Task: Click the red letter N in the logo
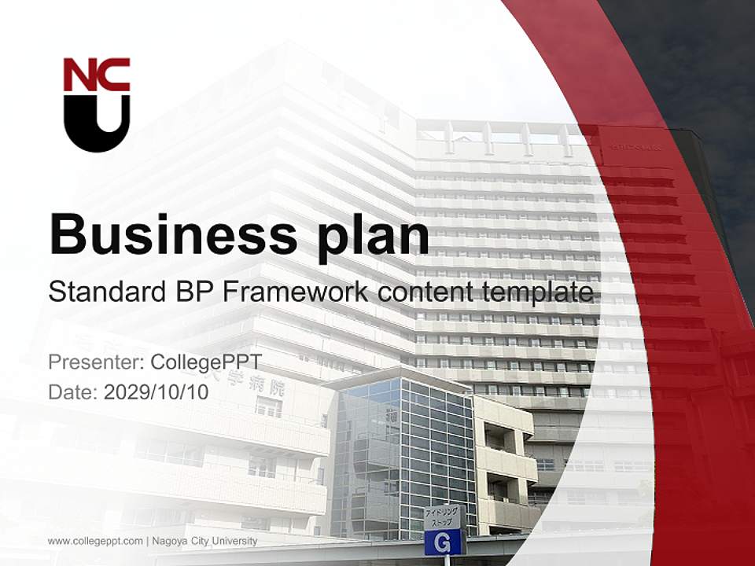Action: click(x=79, y=75)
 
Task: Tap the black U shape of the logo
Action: click(x=97, y=126)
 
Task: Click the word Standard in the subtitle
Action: click(x=104, y=292)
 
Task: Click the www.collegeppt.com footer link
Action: click(x=95, y=541)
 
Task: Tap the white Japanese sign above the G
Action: click(x=444, y=516)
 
